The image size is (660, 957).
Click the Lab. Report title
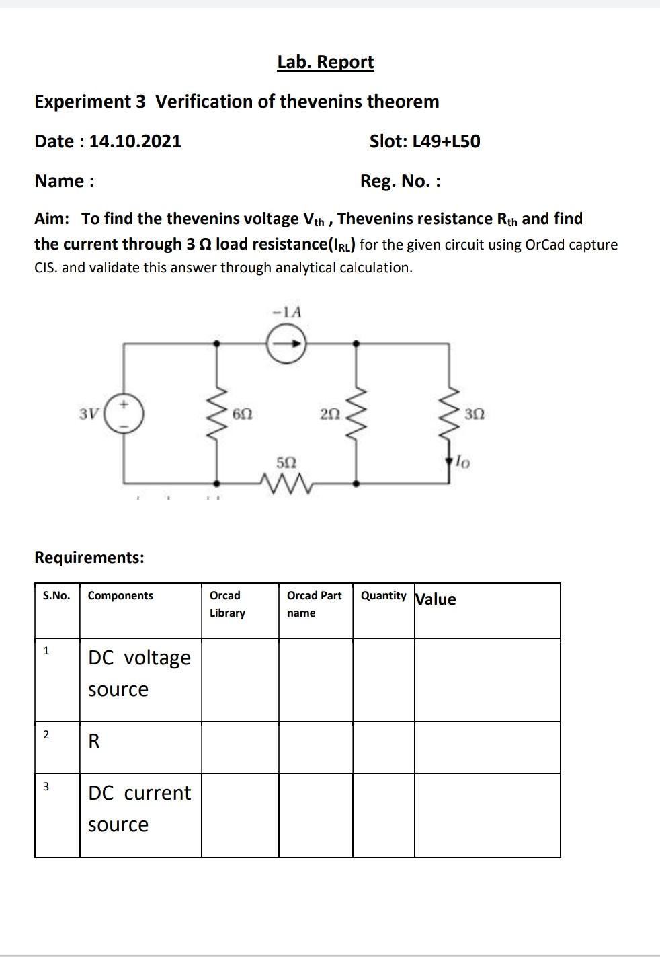[325, 62]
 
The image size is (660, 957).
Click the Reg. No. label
[400, 181]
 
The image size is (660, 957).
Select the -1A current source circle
[286, 344]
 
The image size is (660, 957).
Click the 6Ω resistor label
[243, 414]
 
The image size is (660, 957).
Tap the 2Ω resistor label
[329, 414]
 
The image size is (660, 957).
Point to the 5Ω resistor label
[286, 463]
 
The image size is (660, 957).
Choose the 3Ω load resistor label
[474, 414]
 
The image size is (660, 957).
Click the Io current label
[463, 462]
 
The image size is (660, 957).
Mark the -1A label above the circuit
[286, 312]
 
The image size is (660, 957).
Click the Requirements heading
[89, 558]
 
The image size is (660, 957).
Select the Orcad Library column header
[227, 604]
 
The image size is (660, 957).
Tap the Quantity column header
[383, 596]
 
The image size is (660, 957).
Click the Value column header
[436, 599]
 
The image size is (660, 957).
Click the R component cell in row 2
[94, 742]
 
